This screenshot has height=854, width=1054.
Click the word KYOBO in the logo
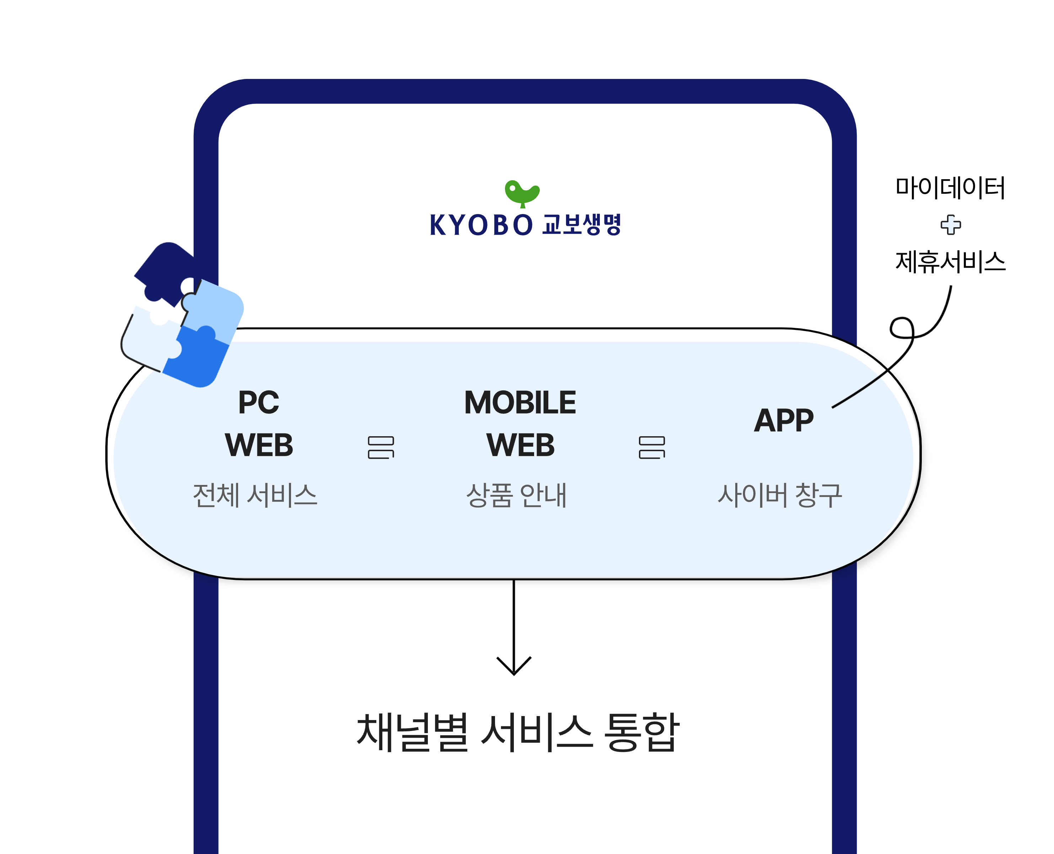pyautogui.click(x=481, y=225)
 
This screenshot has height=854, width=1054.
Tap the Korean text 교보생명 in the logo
pyautogui.click(x=582, y=225)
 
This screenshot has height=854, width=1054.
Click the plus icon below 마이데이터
pyautogui.click(x=950, y=225)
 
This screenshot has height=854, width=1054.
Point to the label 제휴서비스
pyautogui.click(x=950, y=261)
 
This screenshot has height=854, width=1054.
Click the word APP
pyautogui.click(x=784, y=421)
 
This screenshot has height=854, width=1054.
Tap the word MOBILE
pyautogui.click(x=520, y=402)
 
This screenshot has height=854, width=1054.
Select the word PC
pyautogui.click(x=259, y=402)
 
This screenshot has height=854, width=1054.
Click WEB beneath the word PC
pyautogui.click(x=259, y=445)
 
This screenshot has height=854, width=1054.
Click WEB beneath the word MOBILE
pyautogui.click(x=520, y=445)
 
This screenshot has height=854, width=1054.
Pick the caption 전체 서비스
pyautogui.click(x=255, y=495)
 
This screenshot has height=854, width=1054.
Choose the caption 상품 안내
pyautogui.click(x=516, y=495)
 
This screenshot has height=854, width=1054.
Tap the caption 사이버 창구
pyautogui.click(x=780, y=495)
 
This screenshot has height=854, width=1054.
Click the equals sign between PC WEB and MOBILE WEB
pyautogui.click(x=381, y=447)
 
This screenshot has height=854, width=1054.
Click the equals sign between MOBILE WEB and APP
pyautogui.click(x=652, y=447)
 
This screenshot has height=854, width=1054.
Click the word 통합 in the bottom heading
pyautogui.click(x=641, y=732)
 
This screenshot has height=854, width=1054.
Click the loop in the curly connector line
pyautogui.click(x=902, y=328)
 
